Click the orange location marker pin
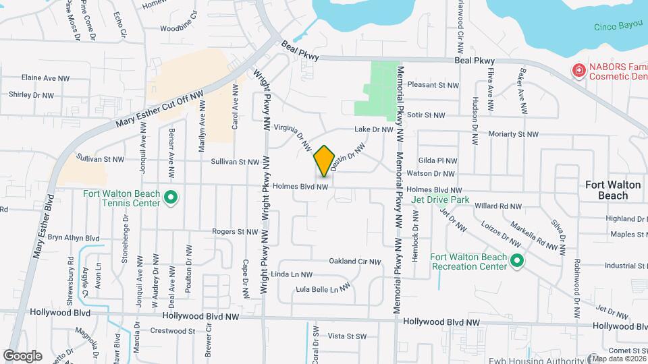point(325,160)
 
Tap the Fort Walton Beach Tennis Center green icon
point(171,198)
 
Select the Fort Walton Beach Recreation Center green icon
point(517,261)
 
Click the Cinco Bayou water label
point(616,28)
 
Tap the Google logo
point(22,355)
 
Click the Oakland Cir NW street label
point(355,262)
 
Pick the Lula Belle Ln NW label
point(324,288)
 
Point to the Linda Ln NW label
point(291,274)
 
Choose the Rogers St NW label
point(235,231)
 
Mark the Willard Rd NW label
point(498,206)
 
